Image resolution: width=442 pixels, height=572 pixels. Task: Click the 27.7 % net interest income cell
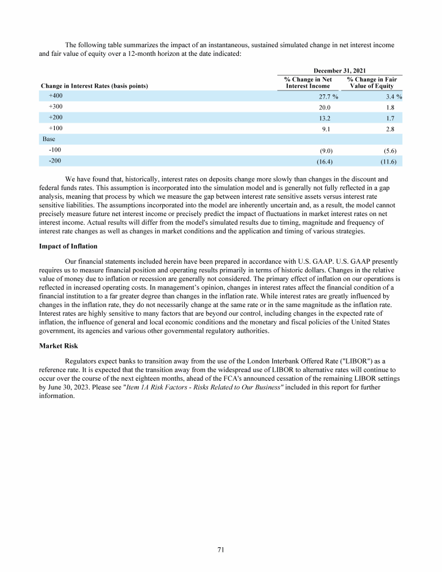click(x=325, y=96)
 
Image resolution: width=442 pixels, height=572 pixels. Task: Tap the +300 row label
click(x=56, y=107)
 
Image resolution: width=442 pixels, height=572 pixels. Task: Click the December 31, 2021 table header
click(x=339, y=69)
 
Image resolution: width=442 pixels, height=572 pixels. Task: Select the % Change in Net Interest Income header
click(x=308, y=82)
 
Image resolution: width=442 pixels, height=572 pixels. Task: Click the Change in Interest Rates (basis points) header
click(x=94, y=86)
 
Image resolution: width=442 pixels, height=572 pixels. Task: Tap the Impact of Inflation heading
click(x=68, y=247)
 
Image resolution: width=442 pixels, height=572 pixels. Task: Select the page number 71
click(x=221, y=550)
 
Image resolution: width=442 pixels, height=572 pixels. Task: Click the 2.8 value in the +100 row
click(x=390, y=129)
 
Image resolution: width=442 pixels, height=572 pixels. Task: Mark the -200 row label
click(x=55, y=161)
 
